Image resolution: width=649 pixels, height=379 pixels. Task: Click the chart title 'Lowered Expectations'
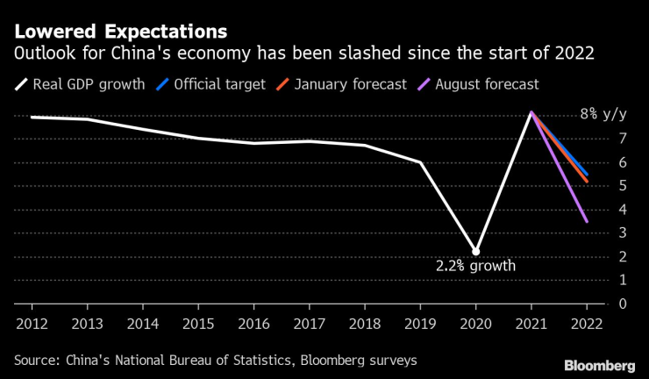tap(119, 32)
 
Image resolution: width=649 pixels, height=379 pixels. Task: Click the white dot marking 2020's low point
tap(475, 252)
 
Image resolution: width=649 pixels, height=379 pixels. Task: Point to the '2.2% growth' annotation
tap(475, 265)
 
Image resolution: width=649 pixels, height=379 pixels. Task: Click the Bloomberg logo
tap(600, 364)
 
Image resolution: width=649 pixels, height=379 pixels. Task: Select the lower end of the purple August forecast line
tap(586, 221)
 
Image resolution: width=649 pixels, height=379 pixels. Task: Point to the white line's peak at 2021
tap(531, 113)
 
